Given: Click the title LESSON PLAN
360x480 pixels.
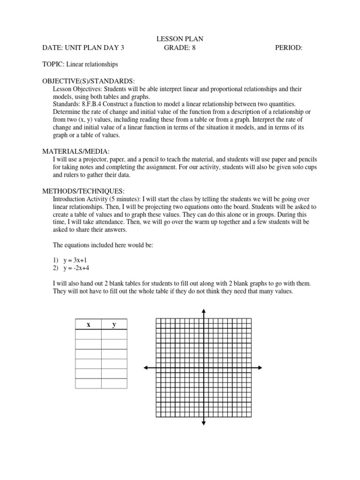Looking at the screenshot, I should pos(180,39).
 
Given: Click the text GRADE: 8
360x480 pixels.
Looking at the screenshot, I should pos(180,48).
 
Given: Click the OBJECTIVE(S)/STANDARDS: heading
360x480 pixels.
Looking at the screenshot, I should pos(89,81).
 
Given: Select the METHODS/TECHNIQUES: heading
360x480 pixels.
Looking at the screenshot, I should pos(83,191).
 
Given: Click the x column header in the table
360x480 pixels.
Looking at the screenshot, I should pos(88,324).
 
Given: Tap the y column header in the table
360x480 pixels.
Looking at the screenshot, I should pos(114,324).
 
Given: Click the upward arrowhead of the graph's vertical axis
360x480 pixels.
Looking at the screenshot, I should pos(203,311).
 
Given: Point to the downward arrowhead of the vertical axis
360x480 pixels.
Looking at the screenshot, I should pos(203,423).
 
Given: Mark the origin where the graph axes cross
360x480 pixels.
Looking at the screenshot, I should pos(203,368).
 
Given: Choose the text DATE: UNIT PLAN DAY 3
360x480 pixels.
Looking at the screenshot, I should pos(83,48).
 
